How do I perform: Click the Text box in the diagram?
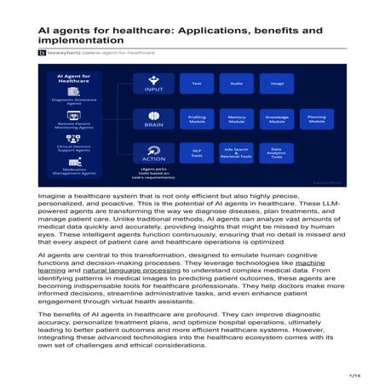click(x=197, y=83)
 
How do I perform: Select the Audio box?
click(x=236, y=83)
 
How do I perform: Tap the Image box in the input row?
click(x=276, y=83)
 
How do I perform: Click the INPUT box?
click(x=153, y=83)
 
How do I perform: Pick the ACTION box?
click(x=153, y=154)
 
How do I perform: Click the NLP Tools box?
click(x=197, y=154)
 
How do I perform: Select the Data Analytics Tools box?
click(x=276, y=154)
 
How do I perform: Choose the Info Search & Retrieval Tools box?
click(x=236, y=154)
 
